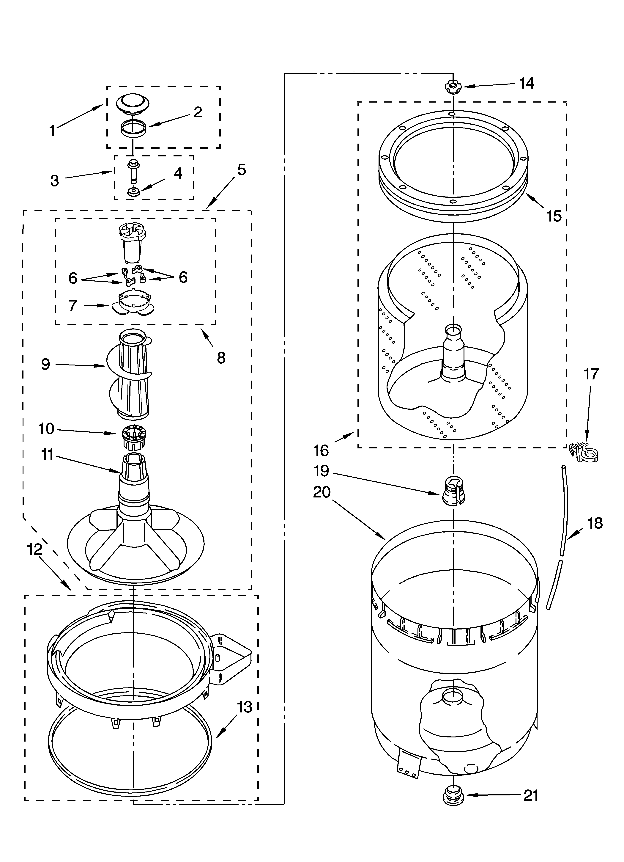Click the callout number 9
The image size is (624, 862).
46,365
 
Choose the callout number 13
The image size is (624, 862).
244,707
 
